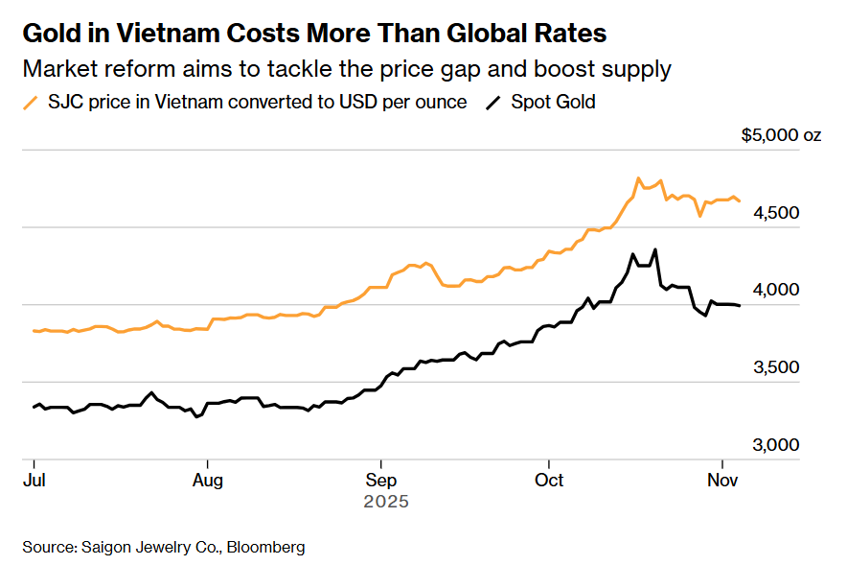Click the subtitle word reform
120,69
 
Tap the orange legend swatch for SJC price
32,102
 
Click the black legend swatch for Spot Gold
493,102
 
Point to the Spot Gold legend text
553,102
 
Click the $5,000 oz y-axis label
781,135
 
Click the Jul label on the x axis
34,479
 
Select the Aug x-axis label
208,479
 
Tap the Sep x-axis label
381,479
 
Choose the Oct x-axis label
549,479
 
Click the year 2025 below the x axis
386,502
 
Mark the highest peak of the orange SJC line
638,178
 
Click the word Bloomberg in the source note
265,547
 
